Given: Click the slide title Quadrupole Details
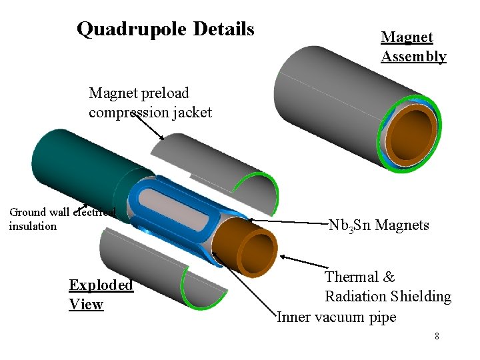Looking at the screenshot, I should pyautogui.click(x=165, y=29).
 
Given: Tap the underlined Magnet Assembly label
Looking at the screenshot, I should pyautogui.click(x=413, y=47).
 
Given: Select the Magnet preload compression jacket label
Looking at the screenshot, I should pyautogui.click(x=150, y=103).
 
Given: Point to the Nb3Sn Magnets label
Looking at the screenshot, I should pyautogui.click(x=379, y=225).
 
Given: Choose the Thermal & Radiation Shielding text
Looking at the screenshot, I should pyautogui.click(x=387, y=287).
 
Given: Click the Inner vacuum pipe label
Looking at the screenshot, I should pyautogui.click(x=336, y=317).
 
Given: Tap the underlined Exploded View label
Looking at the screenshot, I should pyautogui.click(x=101, y=295).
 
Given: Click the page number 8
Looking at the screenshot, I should pyautogui.click(x=437, y=336).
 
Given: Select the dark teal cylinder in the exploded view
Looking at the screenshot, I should pyautogui.click(x=73, y=167).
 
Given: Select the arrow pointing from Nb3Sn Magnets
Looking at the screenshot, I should pyautogui.click(x=287, y=221).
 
